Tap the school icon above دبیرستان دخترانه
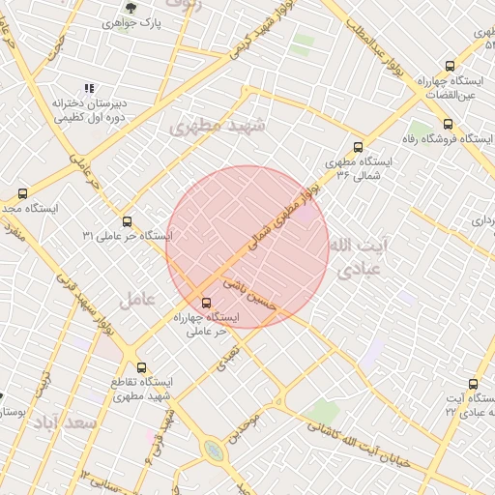click(x=90, y=88)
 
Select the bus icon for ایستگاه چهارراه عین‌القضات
click(x=450, y=67)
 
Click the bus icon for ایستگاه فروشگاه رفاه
click(x=447, y=124)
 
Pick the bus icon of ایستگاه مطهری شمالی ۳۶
click(x=358, y=148)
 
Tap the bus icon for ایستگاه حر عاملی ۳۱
click(x=127, y=221)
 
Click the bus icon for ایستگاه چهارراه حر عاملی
click(x=206, y=303)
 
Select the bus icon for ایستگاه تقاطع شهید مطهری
click(x=142, y=367)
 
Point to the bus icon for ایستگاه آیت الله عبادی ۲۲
click(x=473, y=384)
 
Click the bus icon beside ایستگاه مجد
click(x=23, y=193)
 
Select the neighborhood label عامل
click(x=137, y=300)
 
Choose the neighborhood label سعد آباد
click(x=59, y=423)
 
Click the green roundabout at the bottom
click(x=213, y=451)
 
